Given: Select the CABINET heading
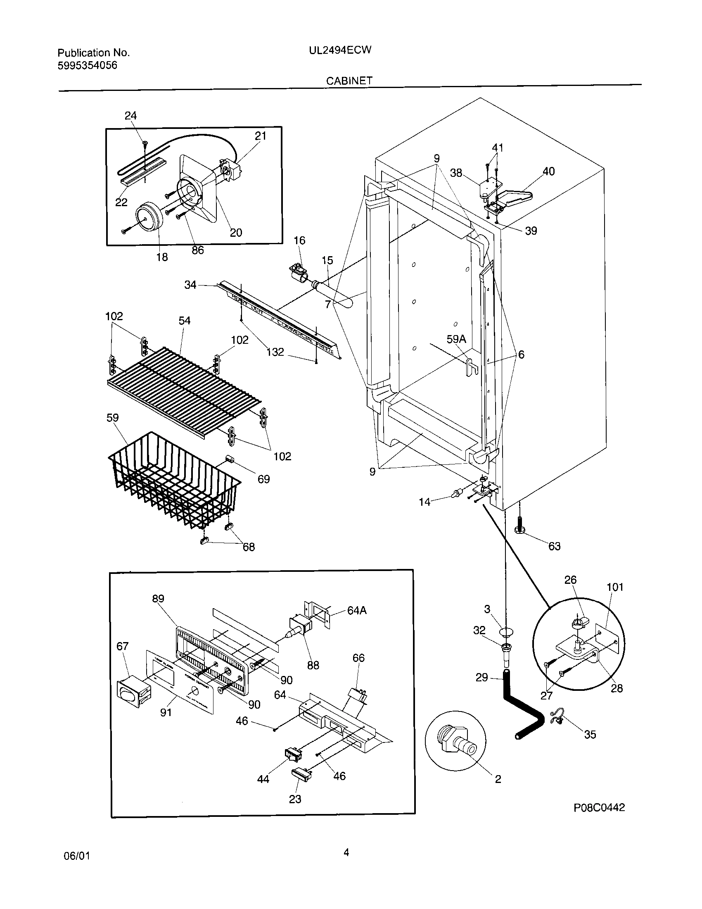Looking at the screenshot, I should tap(349, 81).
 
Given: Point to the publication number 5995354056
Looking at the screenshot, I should tap(87, 65).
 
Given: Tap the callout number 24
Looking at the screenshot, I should tap(130, 116).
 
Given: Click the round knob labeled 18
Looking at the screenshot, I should tap(149, 217).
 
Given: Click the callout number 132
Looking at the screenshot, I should tap(275, 352).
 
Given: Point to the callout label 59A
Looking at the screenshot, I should tap(456, 339).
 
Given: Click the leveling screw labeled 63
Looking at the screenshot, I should tap(520, 524).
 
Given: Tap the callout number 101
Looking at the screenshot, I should tap(615, 587).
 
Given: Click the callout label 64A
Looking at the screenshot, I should tap(357, 611).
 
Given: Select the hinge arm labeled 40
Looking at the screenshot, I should tap(518, 195).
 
